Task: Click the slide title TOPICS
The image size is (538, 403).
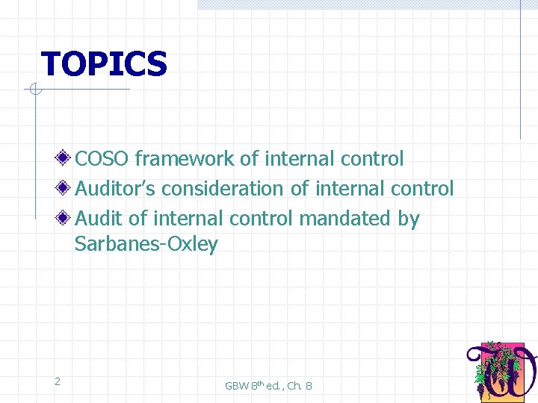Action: coord(104,64)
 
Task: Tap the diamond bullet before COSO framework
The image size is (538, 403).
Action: coord(66,159)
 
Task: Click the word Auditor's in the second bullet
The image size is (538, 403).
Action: coord(115,189)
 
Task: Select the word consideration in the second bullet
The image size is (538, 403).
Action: coord(223,189)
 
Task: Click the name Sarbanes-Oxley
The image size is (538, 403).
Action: coord(146,244)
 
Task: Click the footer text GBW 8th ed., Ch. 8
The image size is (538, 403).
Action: coord(268,385)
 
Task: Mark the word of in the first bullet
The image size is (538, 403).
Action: coord(249,159)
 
